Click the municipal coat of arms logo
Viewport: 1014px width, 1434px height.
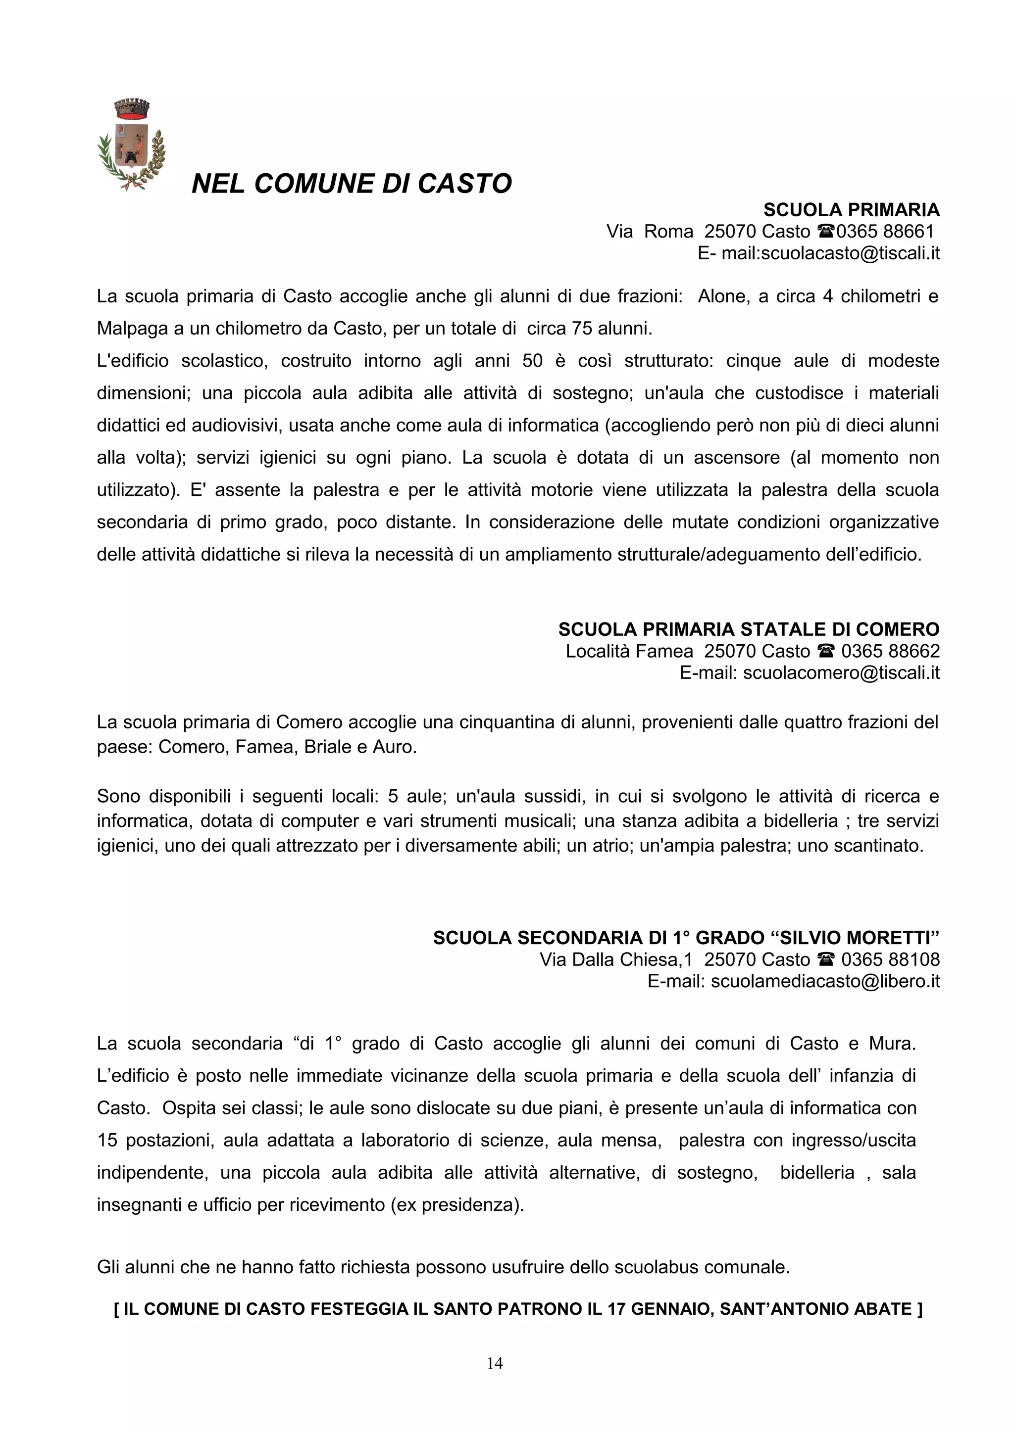131,145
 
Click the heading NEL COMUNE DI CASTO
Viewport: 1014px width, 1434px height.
351,184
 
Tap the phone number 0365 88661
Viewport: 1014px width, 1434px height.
885,232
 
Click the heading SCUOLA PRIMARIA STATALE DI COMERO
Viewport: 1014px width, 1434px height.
749,629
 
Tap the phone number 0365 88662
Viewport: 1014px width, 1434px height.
890,651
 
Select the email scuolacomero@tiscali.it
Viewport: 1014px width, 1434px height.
841,673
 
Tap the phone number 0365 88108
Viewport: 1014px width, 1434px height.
890,960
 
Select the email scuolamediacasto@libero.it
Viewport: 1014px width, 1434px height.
825,982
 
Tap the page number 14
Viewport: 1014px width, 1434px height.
495,1363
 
